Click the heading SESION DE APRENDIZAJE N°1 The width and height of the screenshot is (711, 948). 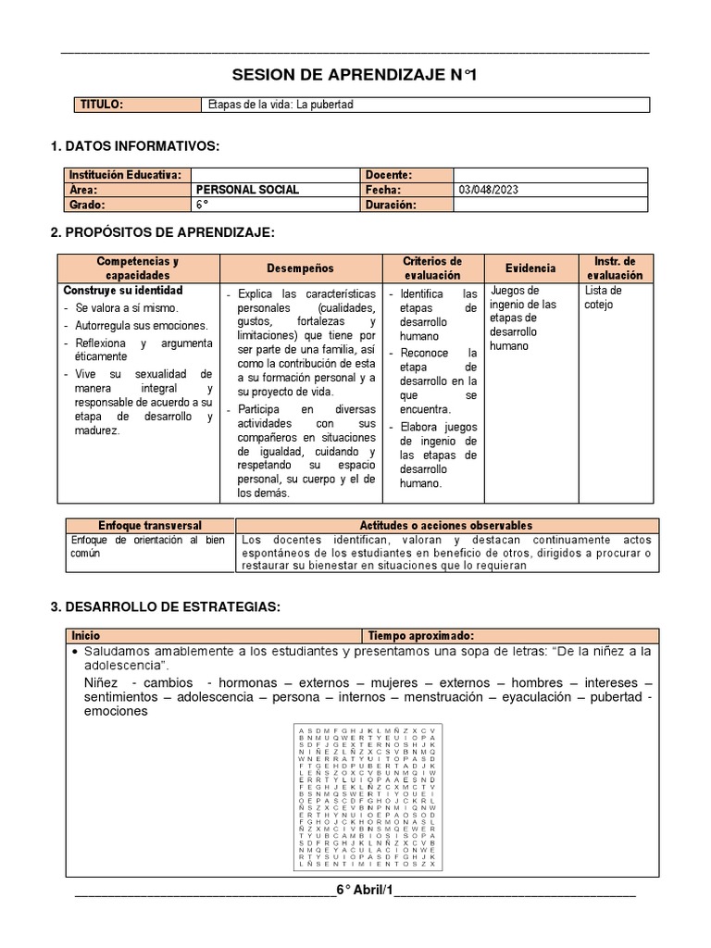pos(355,74)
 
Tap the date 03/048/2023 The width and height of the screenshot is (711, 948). pos(489,190)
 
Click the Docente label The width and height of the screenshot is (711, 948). pos(389,175)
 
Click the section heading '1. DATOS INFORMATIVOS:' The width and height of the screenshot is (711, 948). pos(135,146)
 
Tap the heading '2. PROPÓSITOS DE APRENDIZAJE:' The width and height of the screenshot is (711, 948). pos(162,232)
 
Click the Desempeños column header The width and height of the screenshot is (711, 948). pos(300,268)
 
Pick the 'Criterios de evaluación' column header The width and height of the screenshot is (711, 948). pos(432,268)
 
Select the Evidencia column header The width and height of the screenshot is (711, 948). pos(531,268)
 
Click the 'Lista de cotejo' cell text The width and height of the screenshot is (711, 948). pos(604,297)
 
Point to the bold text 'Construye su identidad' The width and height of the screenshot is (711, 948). pos(123,291)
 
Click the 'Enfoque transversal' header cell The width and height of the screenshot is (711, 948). pos(149,525)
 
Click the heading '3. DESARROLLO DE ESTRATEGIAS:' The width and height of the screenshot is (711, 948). pos(165,606)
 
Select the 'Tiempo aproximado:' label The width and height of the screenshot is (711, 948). pos(421,636)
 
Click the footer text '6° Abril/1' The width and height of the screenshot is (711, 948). pos(365,891)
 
